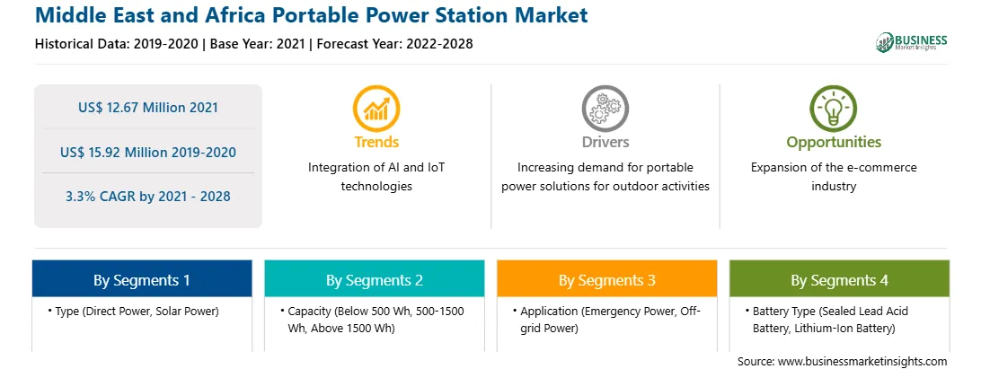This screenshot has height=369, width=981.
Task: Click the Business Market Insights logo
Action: [x=911, y=42]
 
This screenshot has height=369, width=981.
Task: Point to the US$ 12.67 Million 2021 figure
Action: [x=148, y=108]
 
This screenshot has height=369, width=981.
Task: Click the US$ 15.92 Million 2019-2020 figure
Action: [x=148, y=152]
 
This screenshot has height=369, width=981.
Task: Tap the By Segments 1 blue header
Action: [x=142, y=279]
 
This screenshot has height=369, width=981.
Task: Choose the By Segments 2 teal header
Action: [x=374, y=279]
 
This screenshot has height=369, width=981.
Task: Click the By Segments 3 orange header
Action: [x=607, y=279]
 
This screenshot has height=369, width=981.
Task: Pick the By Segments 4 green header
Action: [x=840, y=279]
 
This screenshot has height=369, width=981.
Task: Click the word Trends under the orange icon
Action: [x=376, y=142]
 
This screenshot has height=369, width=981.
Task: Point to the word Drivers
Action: [x=605, y=142]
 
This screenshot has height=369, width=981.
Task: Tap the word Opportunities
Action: [x=834, y=142]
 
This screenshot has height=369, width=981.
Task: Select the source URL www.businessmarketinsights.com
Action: [x=863, y=362]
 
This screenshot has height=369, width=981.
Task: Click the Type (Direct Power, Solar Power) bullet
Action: [x=133, y=312]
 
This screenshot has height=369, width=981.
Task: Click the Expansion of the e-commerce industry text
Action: [x=834, y=177]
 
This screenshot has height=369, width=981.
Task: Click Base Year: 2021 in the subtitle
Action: [x=258, y=44]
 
